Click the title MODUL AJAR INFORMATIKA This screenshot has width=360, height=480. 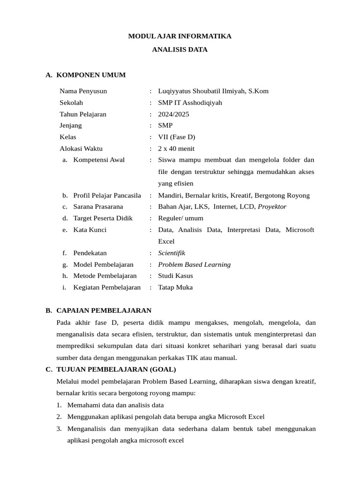click(x=180, y=36)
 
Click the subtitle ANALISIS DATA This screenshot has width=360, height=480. click(x=180, y=49)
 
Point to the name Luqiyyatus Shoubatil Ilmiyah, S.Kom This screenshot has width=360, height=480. click(x=213, y=91)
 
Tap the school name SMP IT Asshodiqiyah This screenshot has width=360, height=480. click(x=190, y=103)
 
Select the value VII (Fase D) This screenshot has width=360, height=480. click(x=177, y=137)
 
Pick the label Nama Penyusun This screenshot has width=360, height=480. click(x=83, y=91)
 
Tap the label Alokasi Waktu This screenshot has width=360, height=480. click(x=81, y=149)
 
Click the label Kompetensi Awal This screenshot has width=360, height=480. click(x=99, y=160)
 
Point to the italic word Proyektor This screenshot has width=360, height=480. click(x=272, y=206)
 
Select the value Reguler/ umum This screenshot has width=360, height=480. click(x=180, y=218)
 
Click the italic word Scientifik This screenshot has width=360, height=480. click(x=172, y=253)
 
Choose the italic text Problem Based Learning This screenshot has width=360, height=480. click(x=194, y=264)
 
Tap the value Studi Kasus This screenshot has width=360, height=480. click(x=175, y=276)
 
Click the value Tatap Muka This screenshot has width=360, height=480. click(x=175, y=287)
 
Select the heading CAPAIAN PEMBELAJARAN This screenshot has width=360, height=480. click(x=104, y=310)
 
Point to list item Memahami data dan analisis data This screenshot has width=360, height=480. click(x=115, y=405)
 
